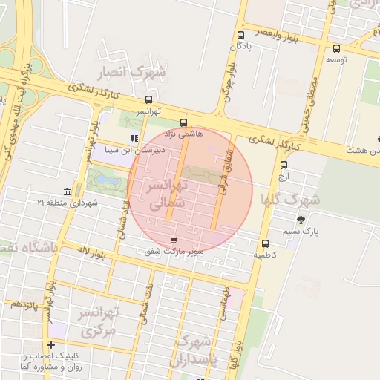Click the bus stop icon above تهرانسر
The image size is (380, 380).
point(149,99)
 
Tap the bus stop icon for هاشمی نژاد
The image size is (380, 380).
point(183,124)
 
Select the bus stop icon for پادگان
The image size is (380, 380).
point(240,35)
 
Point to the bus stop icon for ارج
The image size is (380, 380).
point(282,166)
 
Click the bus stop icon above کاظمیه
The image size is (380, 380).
point(265,243)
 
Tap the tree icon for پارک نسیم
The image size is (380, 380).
point(301,220)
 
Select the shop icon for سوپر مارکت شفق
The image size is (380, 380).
point(174,240)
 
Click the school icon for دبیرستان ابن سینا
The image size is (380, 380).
point(134,137)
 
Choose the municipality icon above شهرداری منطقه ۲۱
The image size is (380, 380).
point(68,191)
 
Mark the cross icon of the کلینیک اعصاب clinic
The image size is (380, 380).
point(50,344)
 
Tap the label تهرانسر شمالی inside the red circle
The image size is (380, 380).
point(168,192)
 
